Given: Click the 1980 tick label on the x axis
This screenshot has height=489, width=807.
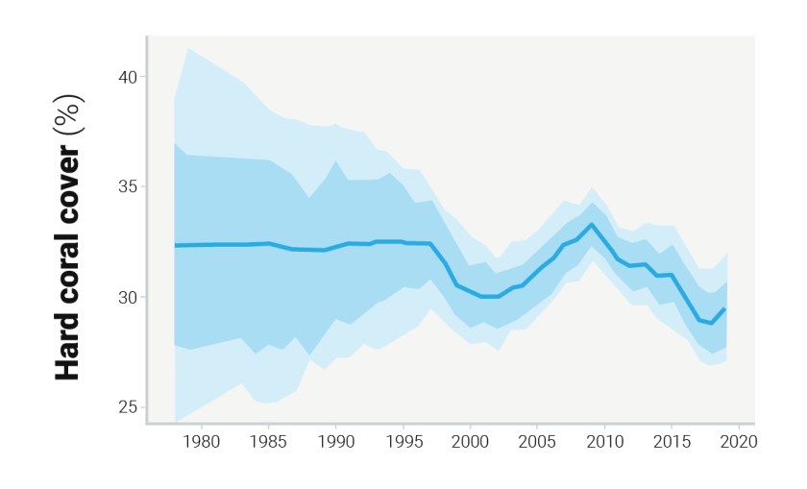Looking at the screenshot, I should [201, 442].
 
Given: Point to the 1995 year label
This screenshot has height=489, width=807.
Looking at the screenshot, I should [403, 442].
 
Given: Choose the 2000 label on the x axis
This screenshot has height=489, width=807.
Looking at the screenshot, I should [470, 442].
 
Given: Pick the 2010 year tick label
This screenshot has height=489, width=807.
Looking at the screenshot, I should [604, 442].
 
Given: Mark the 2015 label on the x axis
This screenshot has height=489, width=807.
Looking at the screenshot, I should [672, 442].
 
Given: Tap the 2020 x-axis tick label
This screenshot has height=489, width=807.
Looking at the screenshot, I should [739, 442].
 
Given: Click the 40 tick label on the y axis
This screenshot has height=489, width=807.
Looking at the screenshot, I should [127, 76].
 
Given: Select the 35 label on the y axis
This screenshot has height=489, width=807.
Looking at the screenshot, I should [127, 186].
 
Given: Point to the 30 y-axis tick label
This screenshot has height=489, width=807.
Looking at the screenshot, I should [127, 297].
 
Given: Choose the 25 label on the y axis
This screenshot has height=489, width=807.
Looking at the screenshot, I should [127, 407].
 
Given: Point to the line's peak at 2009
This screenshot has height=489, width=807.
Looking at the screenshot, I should [592, 225].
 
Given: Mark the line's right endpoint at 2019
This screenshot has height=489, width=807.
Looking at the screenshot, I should [726, 308].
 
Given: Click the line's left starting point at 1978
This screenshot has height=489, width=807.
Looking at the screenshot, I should [175, 245].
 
